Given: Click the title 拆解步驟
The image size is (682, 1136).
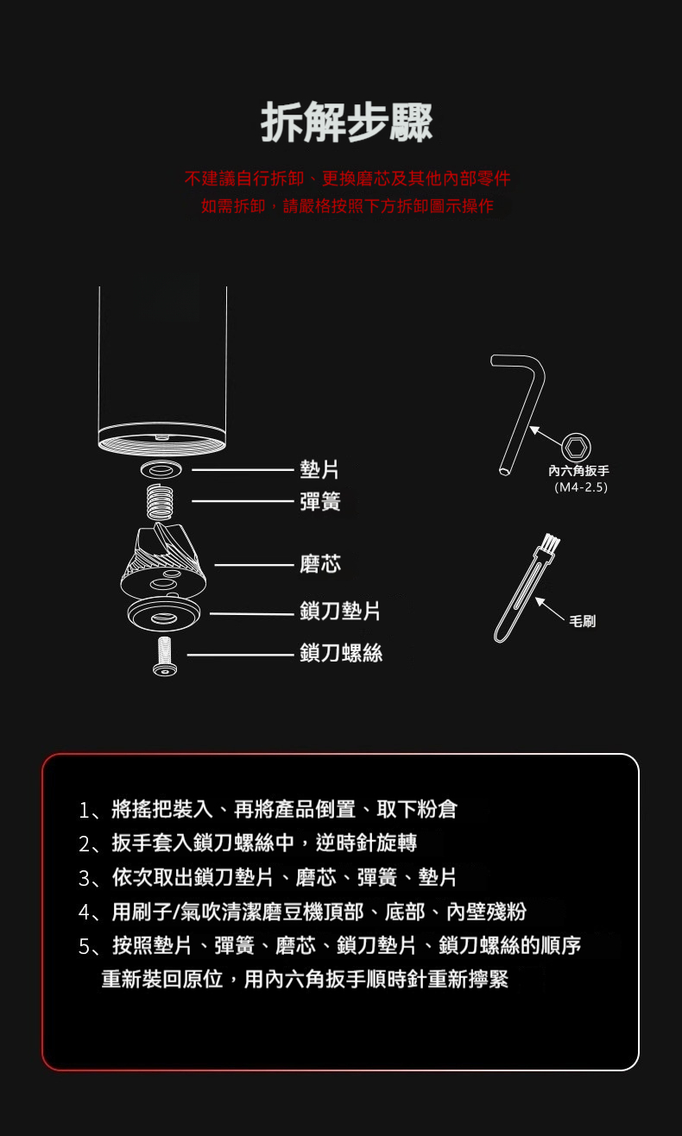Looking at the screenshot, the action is pyautogui.click(x=346, y=122).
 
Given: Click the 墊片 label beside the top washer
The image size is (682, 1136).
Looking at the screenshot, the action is pyautogui.click(x=319, y=469).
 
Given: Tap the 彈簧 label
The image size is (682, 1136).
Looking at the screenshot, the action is pyautogui.click(x=319, y=501).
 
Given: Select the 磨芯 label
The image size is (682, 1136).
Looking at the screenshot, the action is pyautogui.click(x=319, y=564).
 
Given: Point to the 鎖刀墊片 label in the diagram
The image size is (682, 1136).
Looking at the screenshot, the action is pyautogui.click(x=340, y=611).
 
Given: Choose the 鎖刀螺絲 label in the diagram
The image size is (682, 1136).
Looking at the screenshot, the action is pyautogui.click(x=340, y=653).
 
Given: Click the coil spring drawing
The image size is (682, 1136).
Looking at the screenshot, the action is pyautogui.click(x=160, y=502).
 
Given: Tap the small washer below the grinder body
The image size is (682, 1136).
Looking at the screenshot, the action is pyautogui.click(x=161, y=469).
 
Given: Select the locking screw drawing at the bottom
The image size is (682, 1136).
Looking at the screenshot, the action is pyautogui.click(x=165, y=656).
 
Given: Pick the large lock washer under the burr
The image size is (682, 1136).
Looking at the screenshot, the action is pyautogui.click(x=164, y=613).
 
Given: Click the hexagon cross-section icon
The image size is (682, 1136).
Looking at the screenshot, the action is pyautogui.click(x=576, y=448).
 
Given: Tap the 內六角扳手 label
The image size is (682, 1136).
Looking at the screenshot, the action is pyautogui.click(x=578, y=471).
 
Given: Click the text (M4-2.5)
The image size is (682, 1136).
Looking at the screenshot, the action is pyautogui.click(x=581, y=487).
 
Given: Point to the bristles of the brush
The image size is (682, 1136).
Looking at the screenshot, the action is pyautogui.click(x=550, y=543).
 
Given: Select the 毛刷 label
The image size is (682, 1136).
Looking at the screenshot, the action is pyautogui.click(x=583, y=621).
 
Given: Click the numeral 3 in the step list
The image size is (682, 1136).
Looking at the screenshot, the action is pyautogui.click(x=85, y=879).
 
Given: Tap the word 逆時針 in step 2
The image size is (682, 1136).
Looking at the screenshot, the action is pyautogui.click(x=345, y=843).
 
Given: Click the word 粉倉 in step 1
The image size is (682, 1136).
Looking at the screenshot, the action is pyautogui.click(x=437, y=809).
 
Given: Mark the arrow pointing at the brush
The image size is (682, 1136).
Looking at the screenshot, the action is pyautogui.click(x=550, y=609).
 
